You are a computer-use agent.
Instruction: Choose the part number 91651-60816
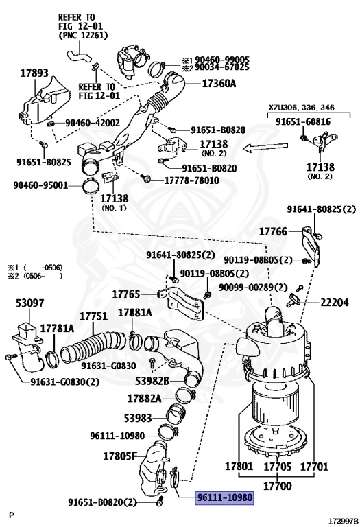coord(303,121)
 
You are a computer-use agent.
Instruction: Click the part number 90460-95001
coord(40,185)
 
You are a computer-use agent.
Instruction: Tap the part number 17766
coord(274,232)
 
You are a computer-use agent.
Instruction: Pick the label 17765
coord(128,294)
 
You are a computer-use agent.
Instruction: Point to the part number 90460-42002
coord(93,123)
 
